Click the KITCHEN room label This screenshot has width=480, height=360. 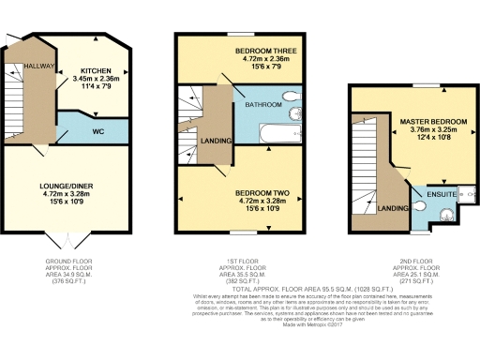(96, 70)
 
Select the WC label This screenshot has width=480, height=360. (97, 131)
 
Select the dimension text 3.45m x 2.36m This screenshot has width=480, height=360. (96, 80)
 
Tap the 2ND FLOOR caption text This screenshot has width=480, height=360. (413, 261)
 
